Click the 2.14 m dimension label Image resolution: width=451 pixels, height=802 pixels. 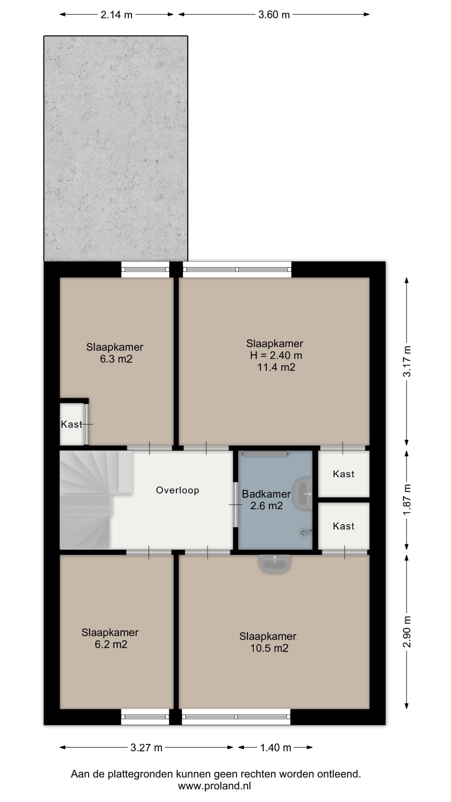coord(117,15)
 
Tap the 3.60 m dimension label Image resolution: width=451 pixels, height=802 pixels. coord(274,15)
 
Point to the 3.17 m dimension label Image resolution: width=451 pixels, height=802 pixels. coord(407,361)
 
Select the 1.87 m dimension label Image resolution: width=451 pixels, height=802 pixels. coord(407,500)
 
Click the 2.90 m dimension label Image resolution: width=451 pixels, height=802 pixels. coord(407,632)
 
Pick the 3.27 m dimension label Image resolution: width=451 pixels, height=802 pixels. coord(146,748)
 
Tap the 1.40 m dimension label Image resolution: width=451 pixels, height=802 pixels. coord(276,748)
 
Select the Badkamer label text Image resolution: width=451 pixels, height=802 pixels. coord(266,494)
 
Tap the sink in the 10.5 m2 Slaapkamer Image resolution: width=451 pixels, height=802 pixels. coord(275,564)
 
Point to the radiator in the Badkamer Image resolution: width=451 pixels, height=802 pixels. coord(265,453)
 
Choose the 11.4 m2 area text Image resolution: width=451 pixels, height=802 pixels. coord(276,367)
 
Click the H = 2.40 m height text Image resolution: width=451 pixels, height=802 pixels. coord(276,355)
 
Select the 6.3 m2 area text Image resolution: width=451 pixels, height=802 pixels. coord(116,359)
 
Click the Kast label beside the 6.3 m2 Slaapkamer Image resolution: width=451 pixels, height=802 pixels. coord(71,424)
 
